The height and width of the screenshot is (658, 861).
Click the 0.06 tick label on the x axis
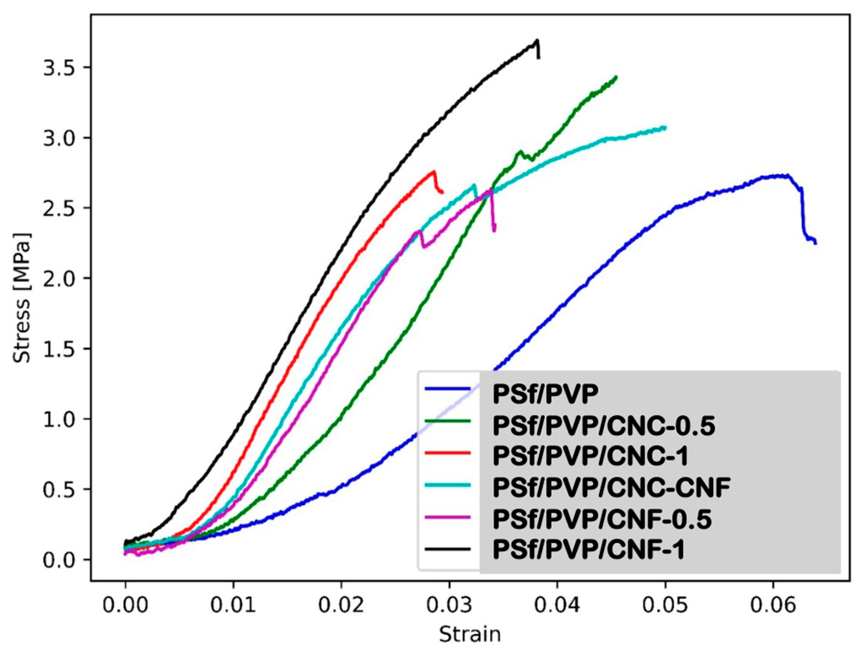tap(773, 605)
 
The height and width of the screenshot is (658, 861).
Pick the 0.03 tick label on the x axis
tap(449, 605)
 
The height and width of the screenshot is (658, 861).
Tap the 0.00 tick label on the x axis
tap(125, 605)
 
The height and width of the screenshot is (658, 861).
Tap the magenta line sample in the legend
tap(447, 517)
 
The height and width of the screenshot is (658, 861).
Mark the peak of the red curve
tap(433, 171)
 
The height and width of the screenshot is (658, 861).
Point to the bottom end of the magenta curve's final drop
tap(494, 231)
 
